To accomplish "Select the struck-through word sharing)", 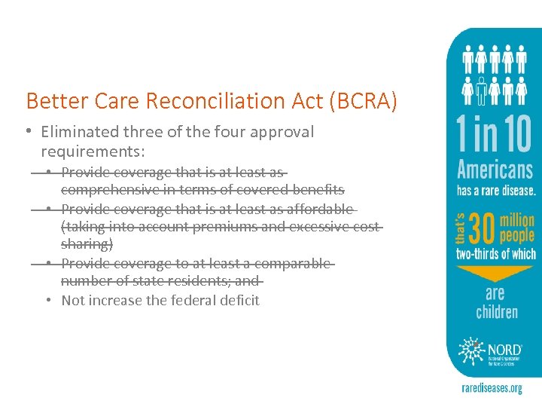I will point(87,244).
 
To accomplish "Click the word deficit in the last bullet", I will point(238,300).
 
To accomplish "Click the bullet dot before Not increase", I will point(48,300).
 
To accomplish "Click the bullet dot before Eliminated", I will point(27,131).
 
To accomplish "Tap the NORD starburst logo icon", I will point(475,348).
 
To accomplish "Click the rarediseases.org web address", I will point(492,389).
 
